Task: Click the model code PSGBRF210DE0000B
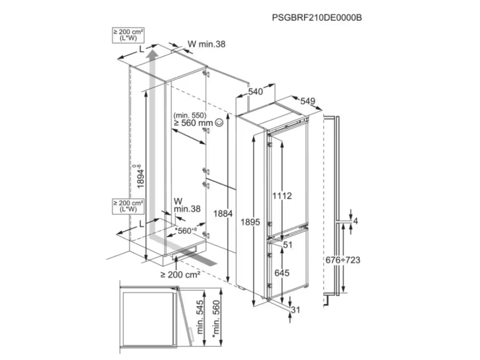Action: coord(318,17)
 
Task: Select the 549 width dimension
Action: coord(307,101)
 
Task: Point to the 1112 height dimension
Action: coord(282,195)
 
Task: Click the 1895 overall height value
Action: coord(251,222)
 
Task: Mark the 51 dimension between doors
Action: coord(288,244)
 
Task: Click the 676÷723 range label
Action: coord(343,260)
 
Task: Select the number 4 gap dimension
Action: coord(356,221)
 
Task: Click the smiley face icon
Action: coord(219,122)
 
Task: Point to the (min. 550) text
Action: coord(189,115)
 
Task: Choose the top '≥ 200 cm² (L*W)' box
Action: coord(128,36)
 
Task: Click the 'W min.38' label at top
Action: coord(206,44)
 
